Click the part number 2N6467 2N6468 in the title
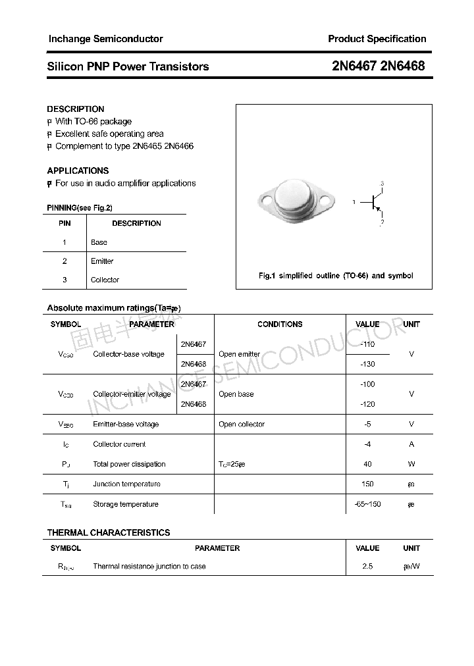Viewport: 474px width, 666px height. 377,66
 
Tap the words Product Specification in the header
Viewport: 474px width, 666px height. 377,39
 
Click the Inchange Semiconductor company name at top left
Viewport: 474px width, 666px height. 105,39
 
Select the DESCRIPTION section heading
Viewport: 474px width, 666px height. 76,109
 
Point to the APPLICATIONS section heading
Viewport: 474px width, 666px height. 78,170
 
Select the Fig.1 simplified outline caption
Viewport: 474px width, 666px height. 335,276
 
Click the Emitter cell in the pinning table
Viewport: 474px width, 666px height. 102,261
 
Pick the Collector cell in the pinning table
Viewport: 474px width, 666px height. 105,280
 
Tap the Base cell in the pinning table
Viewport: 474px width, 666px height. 99,242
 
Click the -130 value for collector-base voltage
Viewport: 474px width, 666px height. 367,364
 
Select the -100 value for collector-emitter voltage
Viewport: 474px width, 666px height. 367,384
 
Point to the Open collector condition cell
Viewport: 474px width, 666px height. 242,424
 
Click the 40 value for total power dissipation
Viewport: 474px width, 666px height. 367,464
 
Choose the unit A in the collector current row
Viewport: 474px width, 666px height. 411,444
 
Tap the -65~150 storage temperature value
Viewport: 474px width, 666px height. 367,504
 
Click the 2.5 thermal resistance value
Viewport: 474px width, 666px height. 367,566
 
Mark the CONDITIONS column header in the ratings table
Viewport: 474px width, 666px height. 280,324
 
